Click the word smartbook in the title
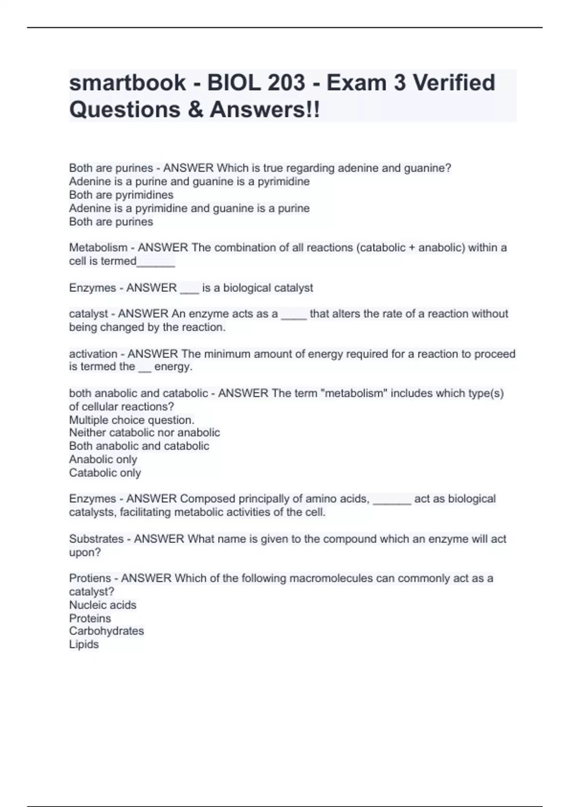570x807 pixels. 127,83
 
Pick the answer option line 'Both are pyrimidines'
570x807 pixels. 121,195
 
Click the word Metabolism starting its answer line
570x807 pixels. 98,247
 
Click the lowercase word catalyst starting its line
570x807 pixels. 88,313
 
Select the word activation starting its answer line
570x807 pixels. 93,354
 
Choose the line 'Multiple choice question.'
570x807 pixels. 132,420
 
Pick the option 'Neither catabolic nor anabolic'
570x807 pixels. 144,432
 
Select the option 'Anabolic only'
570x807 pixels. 103,459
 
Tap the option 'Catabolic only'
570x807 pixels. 105,472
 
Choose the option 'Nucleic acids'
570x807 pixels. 103,605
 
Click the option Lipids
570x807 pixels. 84,644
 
